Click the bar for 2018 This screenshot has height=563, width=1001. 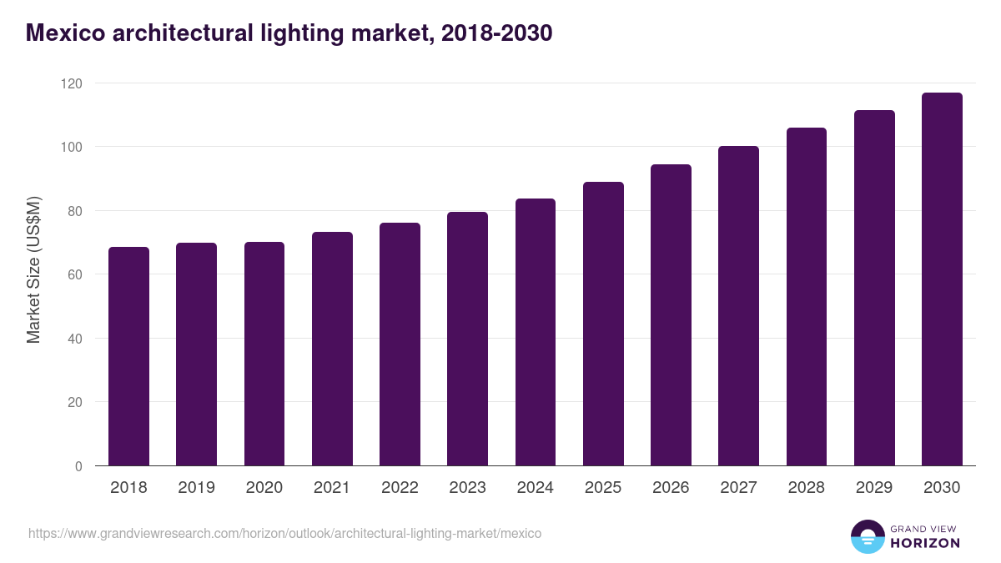tap(128, 356)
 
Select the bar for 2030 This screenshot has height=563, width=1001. tap(942, 279)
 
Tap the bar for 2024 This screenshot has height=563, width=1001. tap(535, 332)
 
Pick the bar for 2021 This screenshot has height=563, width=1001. tap(332, 349)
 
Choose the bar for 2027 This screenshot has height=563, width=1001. tap(738, 306)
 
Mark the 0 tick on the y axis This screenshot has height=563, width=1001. tap(78, 466)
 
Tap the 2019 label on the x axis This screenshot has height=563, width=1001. tap(196, 488)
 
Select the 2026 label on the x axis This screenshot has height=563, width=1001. tap(671, 488)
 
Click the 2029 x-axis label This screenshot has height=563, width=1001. tap(874, 488)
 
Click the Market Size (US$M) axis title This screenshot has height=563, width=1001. tap(33, 269)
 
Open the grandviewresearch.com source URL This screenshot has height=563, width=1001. tap(284, 533)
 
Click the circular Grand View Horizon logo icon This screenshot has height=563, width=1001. tap(868, 536)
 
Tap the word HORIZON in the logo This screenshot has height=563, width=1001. tap(926, 543)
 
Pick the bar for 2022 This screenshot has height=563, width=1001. tap(400, 344)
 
